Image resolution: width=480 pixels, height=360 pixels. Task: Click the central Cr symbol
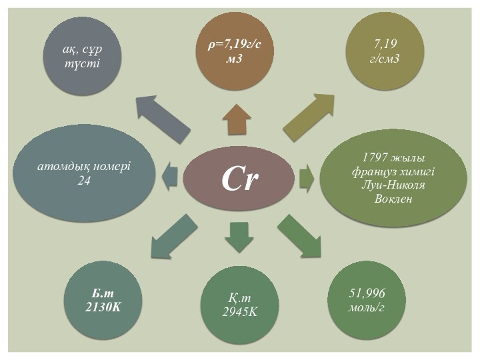click(239, 179)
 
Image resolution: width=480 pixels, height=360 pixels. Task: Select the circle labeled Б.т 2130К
click(104, 301)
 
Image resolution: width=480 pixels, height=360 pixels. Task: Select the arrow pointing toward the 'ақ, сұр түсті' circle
click(162, 117)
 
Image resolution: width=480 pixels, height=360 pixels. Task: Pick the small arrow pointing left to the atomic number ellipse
click(171, 177)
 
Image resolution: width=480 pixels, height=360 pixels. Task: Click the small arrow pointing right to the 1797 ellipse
click(307, 178)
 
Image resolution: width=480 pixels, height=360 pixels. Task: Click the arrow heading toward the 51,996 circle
click(299, 235)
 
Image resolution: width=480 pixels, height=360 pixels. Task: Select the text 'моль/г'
click(367, 307)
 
